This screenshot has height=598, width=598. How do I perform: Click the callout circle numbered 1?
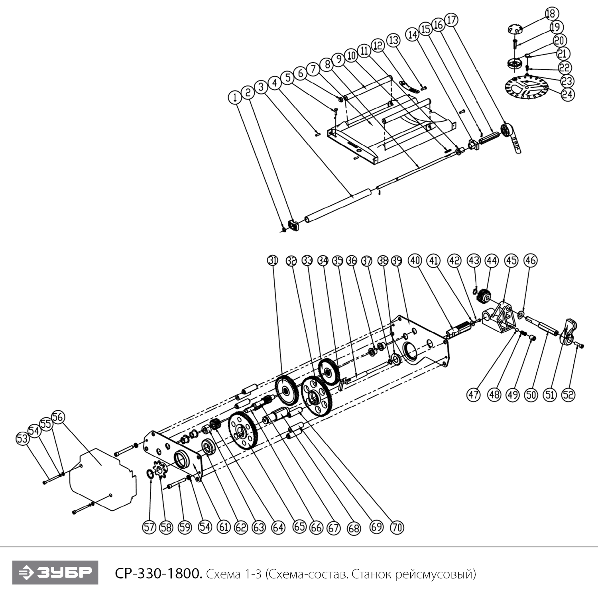point(235,96)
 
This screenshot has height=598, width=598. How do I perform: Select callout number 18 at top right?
point(550,14)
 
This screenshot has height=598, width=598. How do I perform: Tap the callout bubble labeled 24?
point(567,94)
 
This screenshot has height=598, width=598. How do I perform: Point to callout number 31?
point(272,261)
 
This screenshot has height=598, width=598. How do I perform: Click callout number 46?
point(530,261)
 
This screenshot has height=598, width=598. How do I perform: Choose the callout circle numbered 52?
point(568,395)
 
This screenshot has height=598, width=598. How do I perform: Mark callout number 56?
point(58,417)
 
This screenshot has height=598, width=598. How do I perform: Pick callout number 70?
point(397,527)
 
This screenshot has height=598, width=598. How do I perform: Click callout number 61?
point(224,527)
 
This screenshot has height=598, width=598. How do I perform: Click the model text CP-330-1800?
point(159,574)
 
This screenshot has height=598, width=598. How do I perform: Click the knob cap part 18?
point(515,29)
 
